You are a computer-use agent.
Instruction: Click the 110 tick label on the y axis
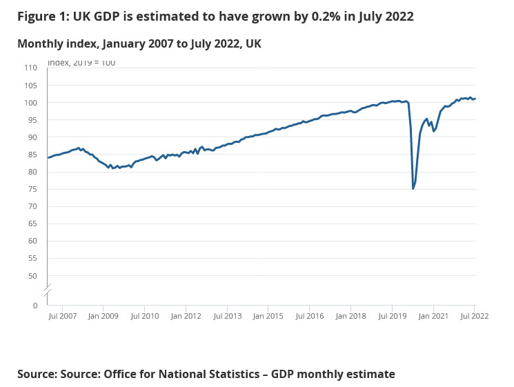[30, 68]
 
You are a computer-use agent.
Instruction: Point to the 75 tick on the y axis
[32, 189]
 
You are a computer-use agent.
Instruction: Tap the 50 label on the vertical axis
[32, 276]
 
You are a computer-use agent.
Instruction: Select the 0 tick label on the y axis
[34, 305]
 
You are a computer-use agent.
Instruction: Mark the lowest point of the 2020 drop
[413, 188]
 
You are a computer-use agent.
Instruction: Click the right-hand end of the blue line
[475, 99]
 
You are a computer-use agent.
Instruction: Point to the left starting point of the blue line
[48, 158]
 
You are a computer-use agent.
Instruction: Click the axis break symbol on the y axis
[48, 290]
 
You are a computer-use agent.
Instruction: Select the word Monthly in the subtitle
[41, 44]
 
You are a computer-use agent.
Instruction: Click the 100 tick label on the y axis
[30, 102]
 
